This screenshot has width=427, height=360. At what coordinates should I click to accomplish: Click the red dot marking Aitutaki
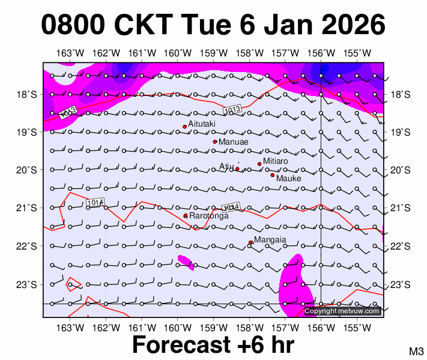pos(185,127)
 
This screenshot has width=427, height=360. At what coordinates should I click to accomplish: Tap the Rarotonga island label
pos(208,215)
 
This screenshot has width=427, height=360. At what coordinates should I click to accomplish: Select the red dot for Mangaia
pos(250,242)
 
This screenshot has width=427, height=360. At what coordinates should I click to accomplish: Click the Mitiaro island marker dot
pos(259,164)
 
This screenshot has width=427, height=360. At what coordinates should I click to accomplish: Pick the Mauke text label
pos(288,178)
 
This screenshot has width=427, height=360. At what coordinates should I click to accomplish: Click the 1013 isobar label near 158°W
pos(231,110)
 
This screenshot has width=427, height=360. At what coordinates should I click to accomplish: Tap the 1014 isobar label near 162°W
pos(95,203)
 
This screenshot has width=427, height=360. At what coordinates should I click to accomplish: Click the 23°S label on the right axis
pos(401,284)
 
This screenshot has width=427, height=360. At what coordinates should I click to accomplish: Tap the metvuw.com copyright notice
pos(342,311)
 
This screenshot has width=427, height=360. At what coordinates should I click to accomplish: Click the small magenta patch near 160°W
pos(186,263)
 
